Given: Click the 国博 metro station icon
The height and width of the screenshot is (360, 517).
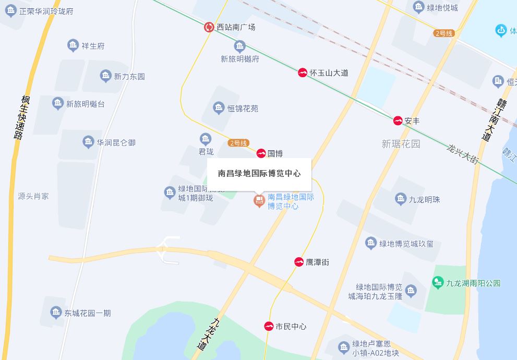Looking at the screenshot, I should coord(261,153).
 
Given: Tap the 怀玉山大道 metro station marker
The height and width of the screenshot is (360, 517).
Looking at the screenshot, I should coord(303,73).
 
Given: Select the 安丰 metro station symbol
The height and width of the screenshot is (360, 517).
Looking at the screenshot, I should coord(398,121).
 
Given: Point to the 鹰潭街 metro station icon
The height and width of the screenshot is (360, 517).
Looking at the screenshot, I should coord(299,262).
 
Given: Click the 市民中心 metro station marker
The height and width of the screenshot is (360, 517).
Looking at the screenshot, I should coord(269,327).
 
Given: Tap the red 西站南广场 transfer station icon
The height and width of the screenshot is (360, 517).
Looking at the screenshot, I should coord(209,27).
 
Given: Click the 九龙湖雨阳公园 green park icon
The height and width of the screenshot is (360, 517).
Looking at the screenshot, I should coord(438,283).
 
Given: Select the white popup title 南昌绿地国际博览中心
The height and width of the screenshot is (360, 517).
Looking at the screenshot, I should coord(259,174).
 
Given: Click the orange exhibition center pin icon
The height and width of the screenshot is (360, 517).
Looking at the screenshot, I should coord(259,200).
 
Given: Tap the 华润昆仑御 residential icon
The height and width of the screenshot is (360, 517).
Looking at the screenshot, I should coord(88,142).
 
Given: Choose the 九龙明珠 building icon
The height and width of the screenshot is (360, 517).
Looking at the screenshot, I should coord(400,199).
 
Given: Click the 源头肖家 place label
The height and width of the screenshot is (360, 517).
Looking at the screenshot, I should coord(33,196).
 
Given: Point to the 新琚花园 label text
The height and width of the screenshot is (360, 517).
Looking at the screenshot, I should coord(401,143).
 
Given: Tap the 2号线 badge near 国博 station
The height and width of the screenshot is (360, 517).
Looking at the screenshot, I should coord(238,143).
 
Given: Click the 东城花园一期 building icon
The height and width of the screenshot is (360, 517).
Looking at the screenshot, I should coord(56,313).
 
